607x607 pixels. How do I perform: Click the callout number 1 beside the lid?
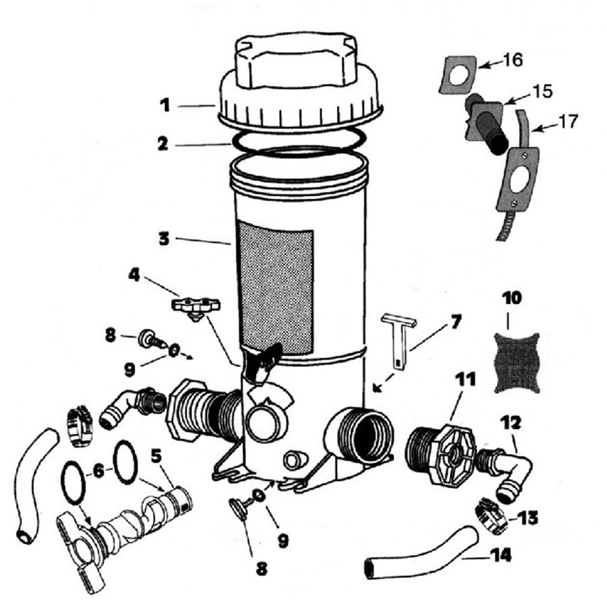click(x=165, y=105)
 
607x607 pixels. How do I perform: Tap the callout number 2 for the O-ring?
click(x=163, y=144)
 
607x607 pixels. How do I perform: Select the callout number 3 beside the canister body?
click(x=164, y=239)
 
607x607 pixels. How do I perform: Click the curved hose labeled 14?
click(x=421, y=552)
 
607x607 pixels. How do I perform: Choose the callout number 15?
click(x=543, y=92)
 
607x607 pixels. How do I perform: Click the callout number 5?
click(x=156, y=458)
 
